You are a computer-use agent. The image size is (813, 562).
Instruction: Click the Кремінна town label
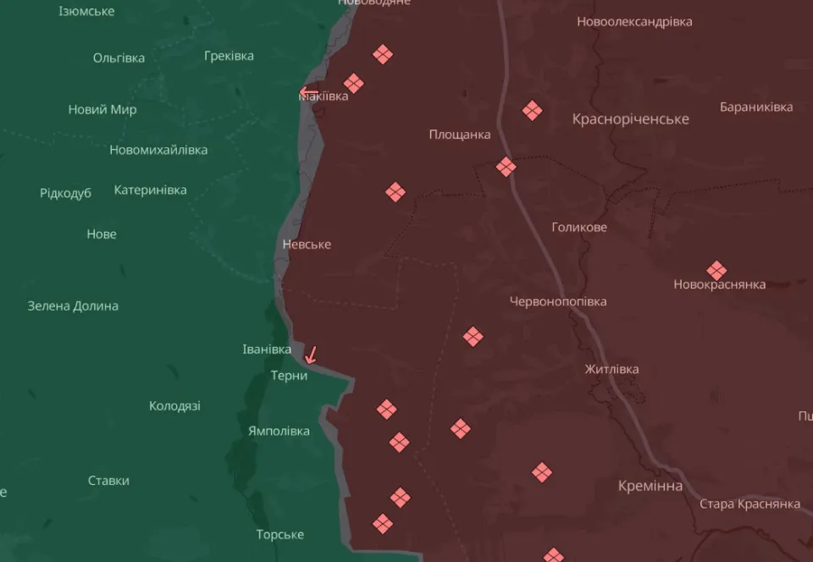point(650,486)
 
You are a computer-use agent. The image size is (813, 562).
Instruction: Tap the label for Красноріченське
point(630,119)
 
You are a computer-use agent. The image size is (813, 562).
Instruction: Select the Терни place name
point(289,376)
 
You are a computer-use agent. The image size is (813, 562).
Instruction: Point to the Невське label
point(307,245)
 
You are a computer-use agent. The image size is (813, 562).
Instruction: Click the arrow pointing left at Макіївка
point(308,92)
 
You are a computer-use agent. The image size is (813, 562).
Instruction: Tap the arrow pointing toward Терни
point(311,355)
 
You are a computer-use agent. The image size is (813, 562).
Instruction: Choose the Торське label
point(280,535)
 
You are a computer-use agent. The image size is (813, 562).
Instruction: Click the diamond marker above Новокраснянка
point(716,271)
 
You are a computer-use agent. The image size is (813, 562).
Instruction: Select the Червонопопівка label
point(558,301)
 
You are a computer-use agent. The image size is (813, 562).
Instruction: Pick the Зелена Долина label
point(73,306)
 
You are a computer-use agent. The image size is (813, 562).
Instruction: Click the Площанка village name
point(459,135)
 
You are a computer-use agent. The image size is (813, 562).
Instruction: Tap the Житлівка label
point(611,369)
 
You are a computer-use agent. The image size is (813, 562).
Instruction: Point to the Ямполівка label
point(279,431)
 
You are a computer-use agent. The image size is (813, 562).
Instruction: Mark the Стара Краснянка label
point(749,504)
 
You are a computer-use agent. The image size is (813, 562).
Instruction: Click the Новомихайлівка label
point(158,150)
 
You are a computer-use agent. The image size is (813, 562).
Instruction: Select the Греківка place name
point(229,56)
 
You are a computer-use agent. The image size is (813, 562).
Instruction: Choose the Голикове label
point(579,227)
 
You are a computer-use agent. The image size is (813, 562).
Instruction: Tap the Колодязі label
point(174,406)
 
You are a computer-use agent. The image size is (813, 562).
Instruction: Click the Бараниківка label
point(756,107)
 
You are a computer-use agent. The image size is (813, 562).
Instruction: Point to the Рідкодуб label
point(65,194)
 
